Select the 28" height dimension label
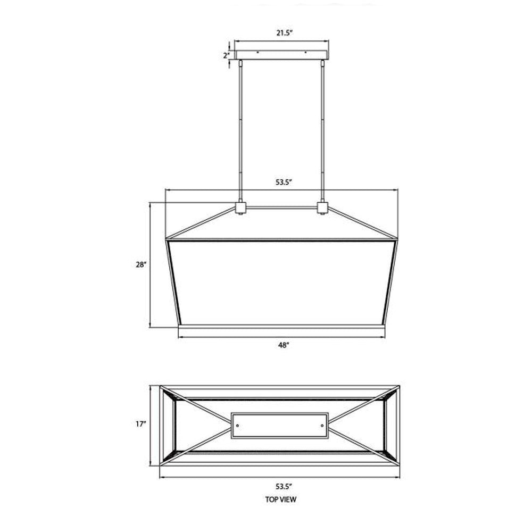(x=141, y=264)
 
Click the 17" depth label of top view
(x=141, y=424)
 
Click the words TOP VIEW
(x=280, y=500)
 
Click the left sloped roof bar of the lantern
(x=202, y=222)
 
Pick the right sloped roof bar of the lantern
(x=362, y=222)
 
